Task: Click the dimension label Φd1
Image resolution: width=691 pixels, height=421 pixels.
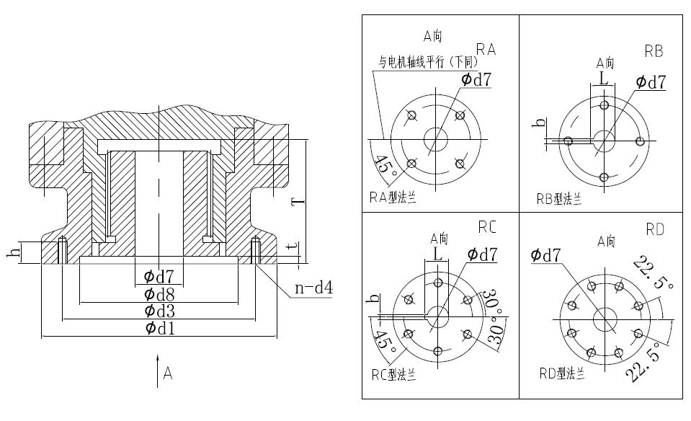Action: (x=159, y=328)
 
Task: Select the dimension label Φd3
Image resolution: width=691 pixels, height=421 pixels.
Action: (x=159, y=311)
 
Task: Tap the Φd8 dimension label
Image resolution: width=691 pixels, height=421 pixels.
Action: (x=159, y=294)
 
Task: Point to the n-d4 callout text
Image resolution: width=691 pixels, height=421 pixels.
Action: (x=313, y=290)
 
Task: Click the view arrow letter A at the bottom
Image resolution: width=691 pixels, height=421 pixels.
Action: (x=168, y=373)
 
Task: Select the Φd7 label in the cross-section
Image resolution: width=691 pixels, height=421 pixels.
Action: (x=159, y=277)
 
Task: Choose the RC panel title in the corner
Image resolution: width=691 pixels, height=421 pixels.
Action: (x=487, y=226)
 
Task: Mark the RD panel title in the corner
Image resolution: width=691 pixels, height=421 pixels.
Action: (x=654, y=229)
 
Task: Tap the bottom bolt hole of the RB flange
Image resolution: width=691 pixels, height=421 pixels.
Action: (x=604, y=177)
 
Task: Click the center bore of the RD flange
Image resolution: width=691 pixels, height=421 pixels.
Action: (x=604, y=317)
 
